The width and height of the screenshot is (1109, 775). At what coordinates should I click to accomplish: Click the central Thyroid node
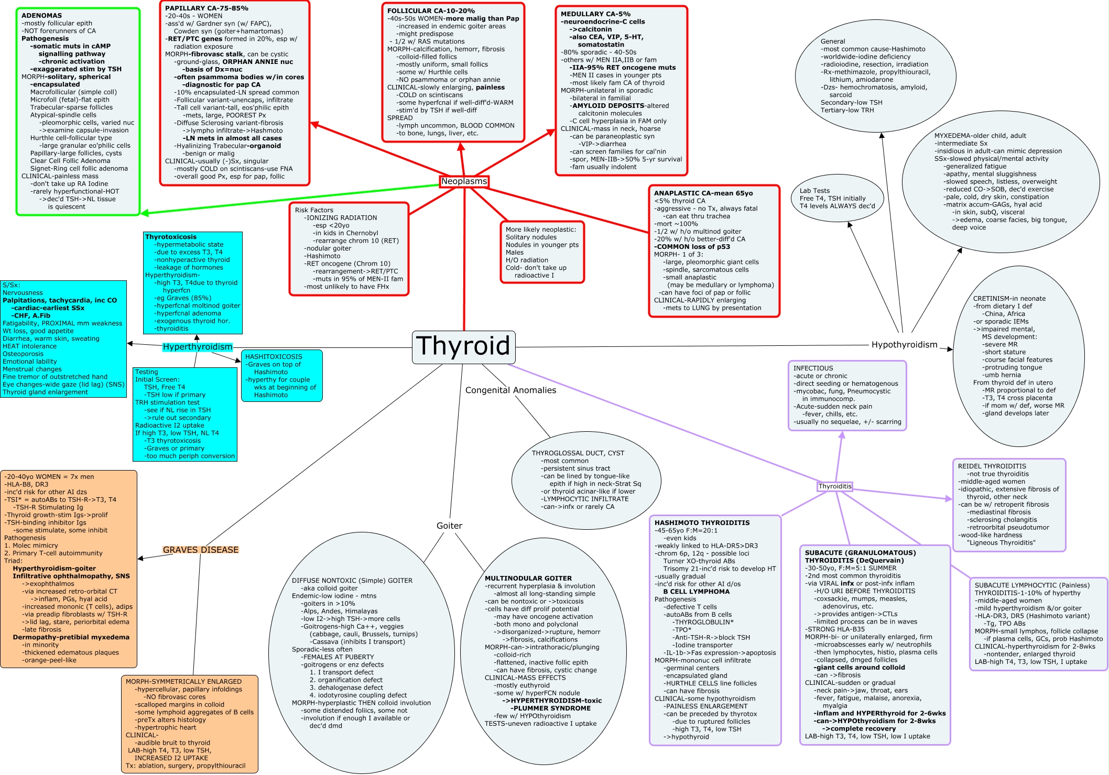click(x=463, y=346)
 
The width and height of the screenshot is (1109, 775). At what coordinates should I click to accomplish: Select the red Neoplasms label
click(x=464, y=181)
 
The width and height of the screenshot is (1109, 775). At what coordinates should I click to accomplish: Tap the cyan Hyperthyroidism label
click(x=197, y=347)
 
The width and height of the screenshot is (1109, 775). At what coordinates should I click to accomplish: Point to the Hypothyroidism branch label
click(x=904, y=345)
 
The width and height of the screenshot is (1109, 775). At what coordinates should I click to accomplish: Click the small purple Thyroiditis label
click(x=835, y=486)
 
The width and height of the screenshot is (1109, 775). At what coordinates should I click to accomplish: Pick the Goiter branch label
click(x=449, y=526)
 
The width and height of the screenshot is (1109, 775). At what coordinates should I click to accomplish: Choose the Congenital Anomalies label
click(x=510, y=390)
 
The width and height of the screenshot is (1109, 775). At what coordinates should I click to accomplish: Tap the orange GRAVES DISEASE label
click(x=200, y=550)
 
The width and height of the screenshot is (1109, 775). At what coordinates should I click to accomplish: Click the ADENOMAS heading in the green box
click(x=41, y=16)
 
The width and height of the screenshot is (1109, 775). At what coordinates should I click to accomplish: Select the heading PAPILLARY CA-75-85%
click(x=206, y=8)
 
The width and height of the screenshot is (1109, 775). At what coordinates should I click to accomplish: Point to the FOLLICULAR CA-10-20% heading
click(x=431, y=11)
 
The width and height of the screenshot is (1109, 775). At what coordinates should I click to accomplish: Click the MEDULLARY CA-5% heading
click(x=595, y=14)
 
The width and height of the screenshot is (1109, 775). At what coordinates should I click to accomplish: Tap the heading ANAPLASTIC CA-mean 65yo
click(x=703, y=193)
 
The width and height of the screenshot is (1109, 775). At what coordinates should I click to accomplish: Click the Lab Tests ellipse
click(x=837, y=199)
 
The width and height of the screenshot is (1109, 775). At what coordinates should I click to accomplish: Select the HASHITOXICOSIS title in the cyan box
click(x=274, y=357)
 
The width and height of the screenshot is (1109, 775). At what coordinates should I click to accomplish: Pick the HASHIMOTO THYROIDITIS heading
click(x=702, y=522)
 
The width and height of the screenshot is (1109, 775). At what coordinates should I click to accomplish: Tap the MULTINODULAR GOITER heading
click(x=528, y=578)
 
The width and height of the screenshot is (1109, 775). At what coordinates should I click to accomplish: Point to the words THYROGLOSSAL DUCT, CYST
click(x=578, y=453)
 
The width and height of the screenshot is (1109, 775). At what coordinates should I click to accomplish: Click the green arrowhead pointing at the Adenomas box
click(x=144, y=213)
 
